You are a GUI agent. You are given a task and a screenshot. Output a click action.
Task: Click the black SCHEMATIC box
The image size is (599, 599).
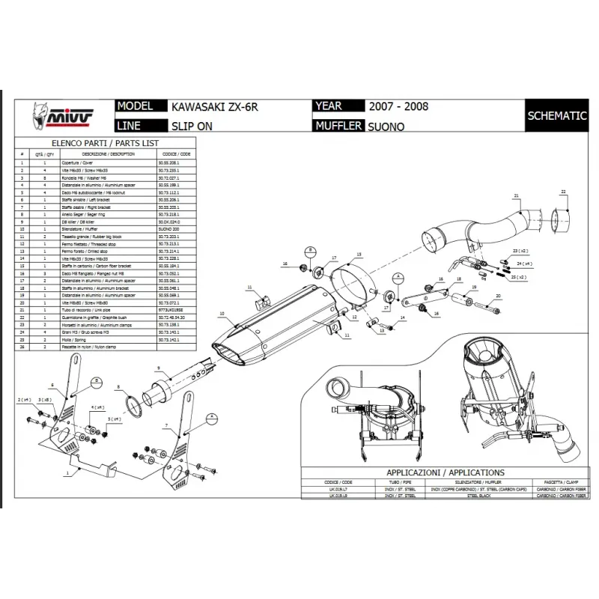pyautogui.click(x=556, y=115)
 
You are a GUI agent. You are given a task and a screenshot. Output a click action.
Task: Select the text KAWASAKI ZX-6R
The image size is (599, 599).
pyautogui.click(x=210, y=106)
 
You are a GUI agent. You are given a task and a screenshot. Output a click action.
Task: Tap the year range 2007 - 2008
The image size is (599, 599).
pyautogui.click(x=398, y=106)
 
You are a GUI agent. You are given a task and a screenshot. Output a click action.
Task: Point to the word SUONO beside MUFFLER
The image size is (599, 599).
pyautogui.click(x=386, y=127)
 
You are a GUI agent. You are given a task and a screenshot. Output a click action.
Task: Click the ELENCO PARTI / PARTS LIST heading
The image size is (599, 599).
pyautogui.click(x=104, y=142)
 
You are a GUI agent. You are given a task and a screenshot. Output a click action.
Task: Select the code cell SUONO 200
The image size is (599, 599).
pyautogui.click(x=169, y=228)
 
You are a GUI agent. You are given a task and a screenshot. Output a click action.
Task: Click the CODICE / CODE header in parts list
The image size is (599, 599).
pyautogui.click(x=174, y=153)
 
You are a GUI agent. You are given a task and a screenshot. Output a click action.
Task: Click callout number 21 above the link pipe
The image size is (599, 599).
pyautogui.click(x=517, y=196)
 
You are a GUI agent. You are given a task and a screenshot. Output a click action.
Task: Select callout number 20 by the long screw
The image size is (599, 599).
pyautogui.click(x=498, y=297)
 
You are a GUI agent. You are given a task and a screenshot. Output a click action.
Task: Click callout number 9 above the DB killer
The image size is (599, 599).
pyautogui.click(x=159, y=368)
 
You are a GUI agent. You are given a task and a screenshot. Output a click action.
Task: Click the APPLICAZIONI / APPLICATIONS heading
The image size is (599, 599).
pyautogui.click(x=445, y=473)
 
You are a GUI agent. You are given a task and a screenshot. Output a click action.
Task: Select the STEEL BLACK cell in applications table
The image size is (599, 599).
pyautogui.click(x=483, y=496)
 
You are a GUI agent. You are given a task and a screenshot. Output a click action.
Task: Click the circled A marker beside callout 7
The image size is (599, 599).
pyautogui.click(x=212, y=415)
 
